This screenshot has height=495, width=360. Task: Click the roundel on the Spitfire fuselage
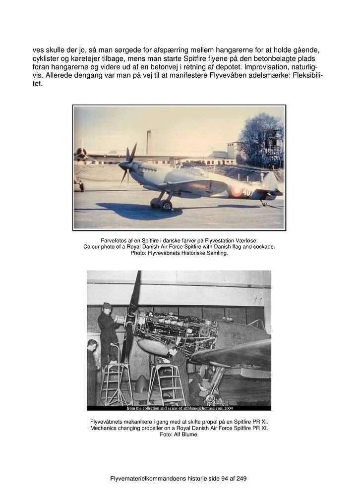pos(237,191)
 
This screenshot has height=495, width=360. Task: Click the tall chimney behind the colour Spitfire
pos(149,142)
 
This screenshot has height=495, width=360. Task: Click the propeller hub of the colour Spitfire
pos(123,165)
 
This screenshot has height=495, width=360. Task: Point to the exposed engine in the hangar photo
pos(174,330)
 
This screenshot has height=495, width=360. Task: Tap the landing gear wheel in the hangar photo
pos(211,398)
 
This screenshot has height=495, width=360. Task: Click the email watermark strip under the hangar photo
pos(179,408)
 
